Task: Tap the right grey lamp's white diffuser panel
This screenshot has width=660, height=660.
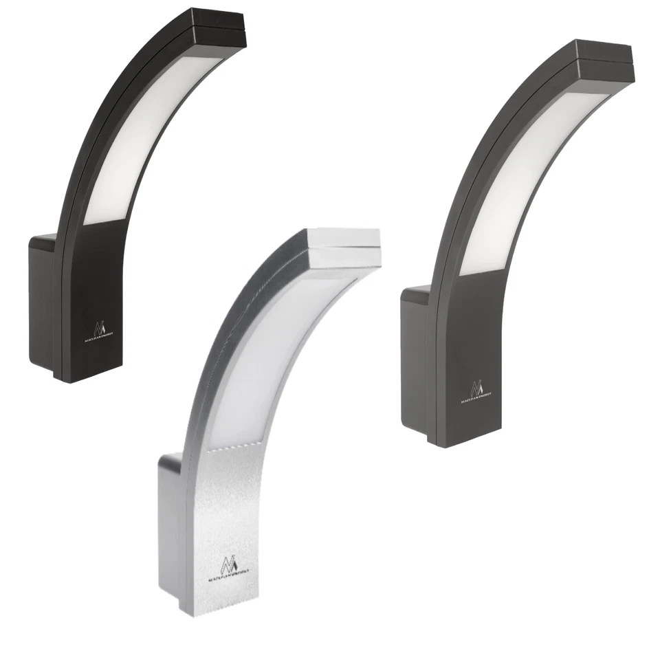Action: click(x=529, y=179)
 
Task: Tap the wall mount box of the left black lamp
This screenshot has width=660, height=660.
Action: click(x=41, y=302)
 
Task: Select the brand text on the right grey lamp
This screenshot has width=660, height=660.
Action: click(x=476, y=398)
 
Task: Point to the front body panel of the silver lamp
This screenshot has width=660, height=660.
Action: click(x=220, y=509)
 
